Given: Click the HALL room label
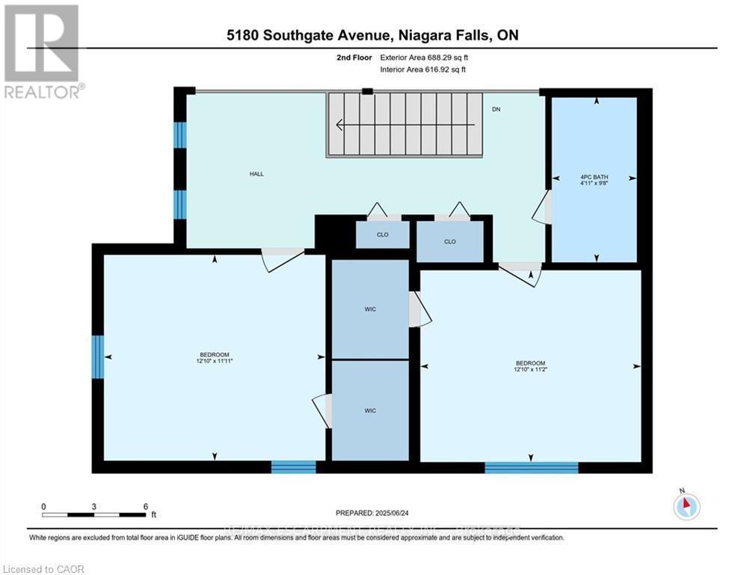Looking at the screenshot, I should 256,174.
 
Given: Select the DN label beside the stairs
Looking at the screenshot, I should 496,109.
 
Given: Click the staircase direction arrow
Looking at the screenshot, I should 405,125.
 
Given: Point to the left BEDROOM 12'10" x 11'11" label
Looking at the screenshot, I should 214,358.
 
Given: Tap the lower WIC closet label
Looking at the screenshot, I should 370,410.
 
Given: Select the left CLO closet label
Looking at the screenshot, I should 382,234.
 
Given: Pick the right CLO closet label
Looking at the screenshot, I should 449,242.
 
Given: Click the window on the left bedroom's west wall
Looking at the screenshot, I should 97,357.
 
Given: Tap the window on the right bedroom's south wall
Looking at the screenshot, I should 531,468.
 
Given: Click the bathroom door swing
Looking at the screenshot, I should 542,207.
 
